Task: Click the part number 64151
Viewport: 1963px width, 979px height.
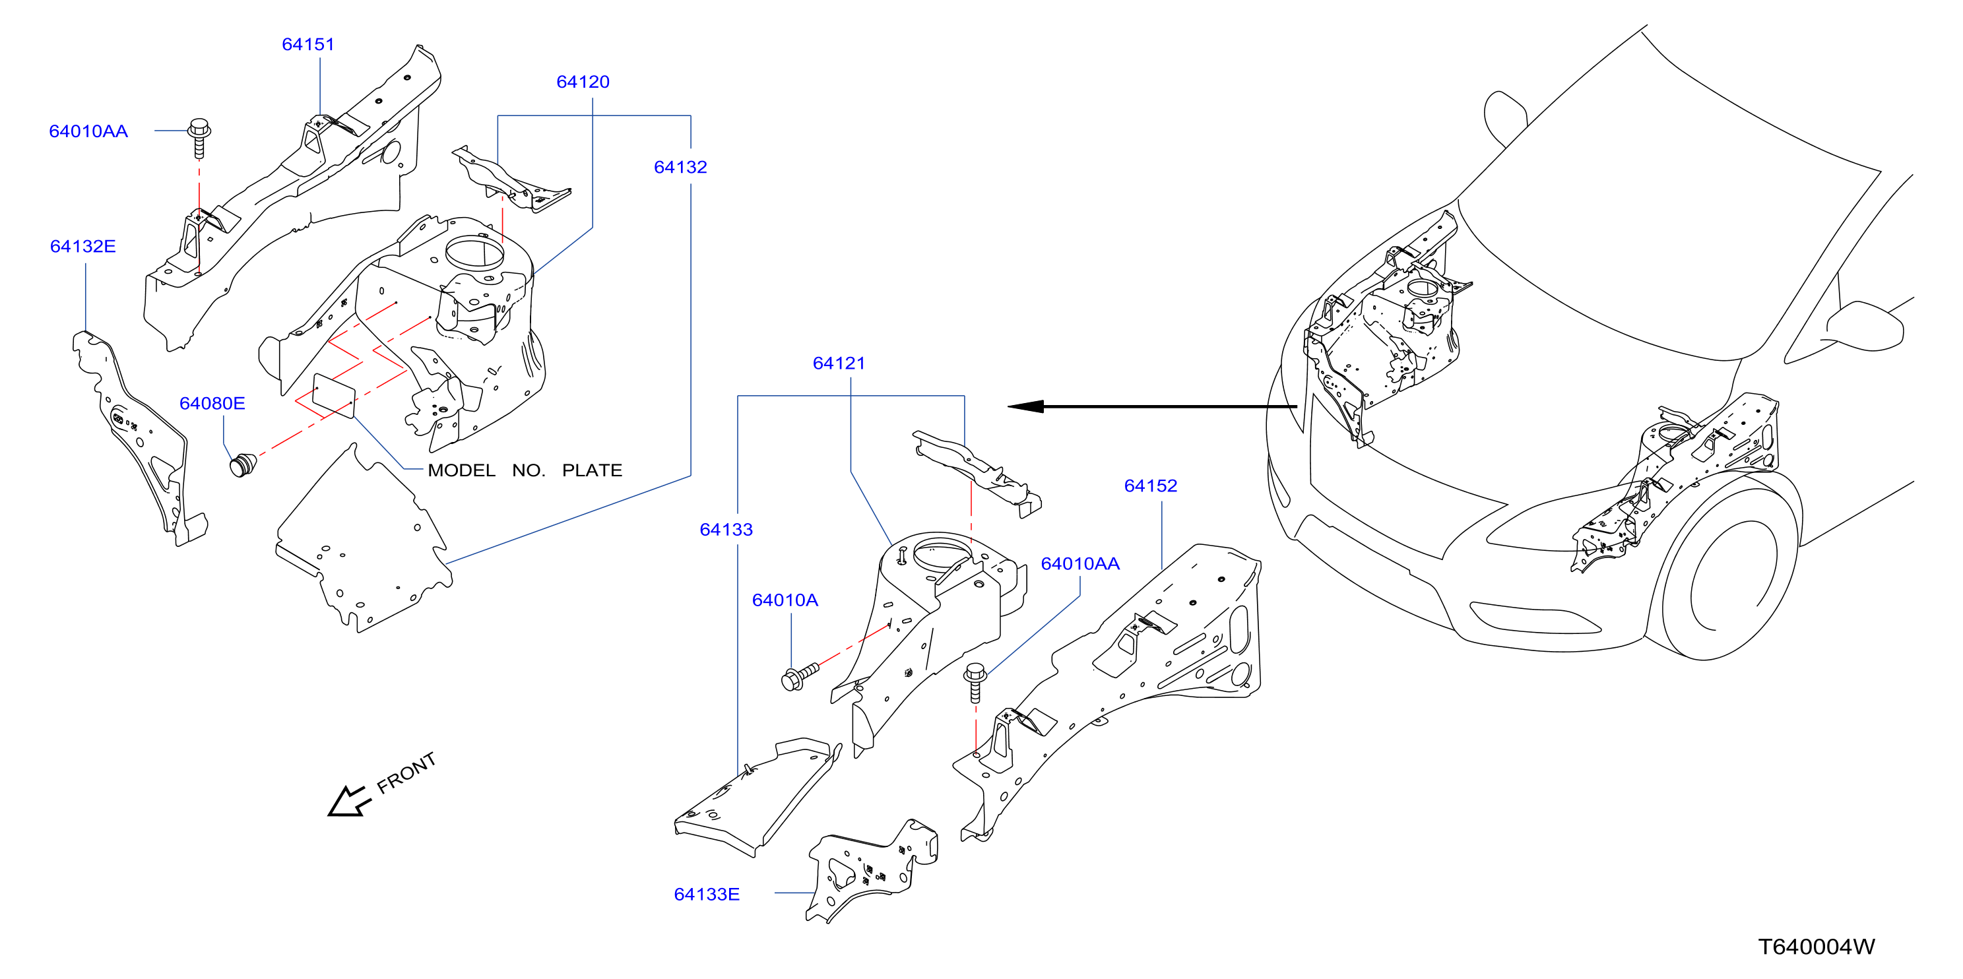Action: pos(308,44)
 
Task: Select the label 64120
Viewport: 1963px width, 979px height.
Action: pos(583,82)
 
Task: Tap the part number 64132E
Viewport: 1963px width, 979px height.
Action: pos(83,246)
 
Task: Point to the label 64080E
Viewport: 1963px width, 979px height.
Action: pos(212,403)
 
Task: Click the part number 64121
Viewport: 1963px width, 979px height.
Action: pos(839,363)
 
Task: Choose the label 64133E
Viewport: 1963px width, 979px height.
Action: pos(707,894)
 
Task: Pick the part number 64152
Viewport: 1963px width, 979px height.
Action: pos(1151,486)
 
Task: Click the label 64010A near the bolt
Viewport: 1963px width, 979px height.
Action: pos(785,600)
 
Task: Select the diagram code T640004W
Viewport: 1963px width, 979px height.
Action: pos(1816,946)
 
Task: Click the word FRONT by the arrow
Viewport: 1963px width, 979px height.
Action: pos(406,773)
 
